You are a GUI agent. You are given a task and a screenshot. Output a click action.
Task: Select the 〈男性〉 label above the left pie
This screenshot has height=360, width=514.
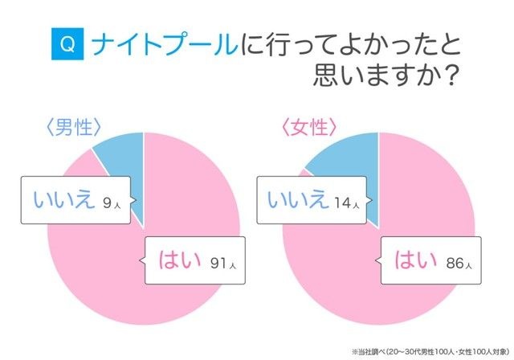coord(74,129)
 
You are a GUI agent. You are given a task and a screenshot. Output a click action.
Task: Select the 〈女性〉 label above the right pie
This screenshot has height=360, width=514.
coord(308,129)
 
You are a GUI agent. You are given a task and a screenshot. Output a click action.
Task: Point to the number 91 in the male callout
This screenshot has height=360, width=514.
coord(218,262)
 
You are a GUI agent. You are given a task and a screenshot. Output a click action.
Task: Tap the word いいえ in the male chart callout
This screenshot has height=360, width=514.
coord(61,200)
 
